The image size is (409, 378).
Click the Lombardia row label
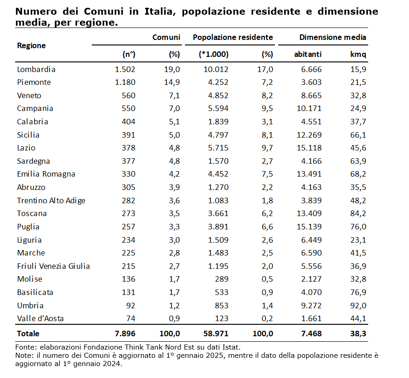pyautogui.click(x=36, y=70)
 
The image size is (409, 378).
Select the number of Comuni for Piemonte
pyautogui.click(x=125, y=83)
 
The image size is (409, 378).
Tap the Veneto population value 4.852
pyautogui.click(x=215, y=96)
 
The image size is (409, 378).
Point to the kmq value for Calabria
pyautogui.click(x=359, y=122)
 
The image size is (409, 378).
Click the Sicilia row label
pyautogui.click(x=28, y=135)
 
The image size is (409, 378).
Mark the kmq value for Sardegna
pyautogui.click(x=359, y=161)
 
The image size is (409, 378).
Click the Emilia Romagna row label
pyautogui.click(x=46, y=174)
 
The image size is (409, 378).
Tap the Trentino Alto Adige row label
pyautogui.click(x=51, y=200)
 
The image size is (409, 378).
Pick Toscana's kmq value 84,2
pyautogui.click(x=359, y=214)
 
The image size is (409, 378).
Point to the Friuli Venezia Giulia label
pyautogui.click(x=53, y=266)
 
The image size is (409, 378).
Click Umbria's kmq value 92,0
pyautogui.click(x=359, y=306)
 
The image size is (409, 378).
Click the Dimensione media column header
pyautogui.click(x=332, y=38)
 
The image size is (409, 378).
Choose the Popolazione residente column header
pyautogui.click(x=233, y=38)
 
